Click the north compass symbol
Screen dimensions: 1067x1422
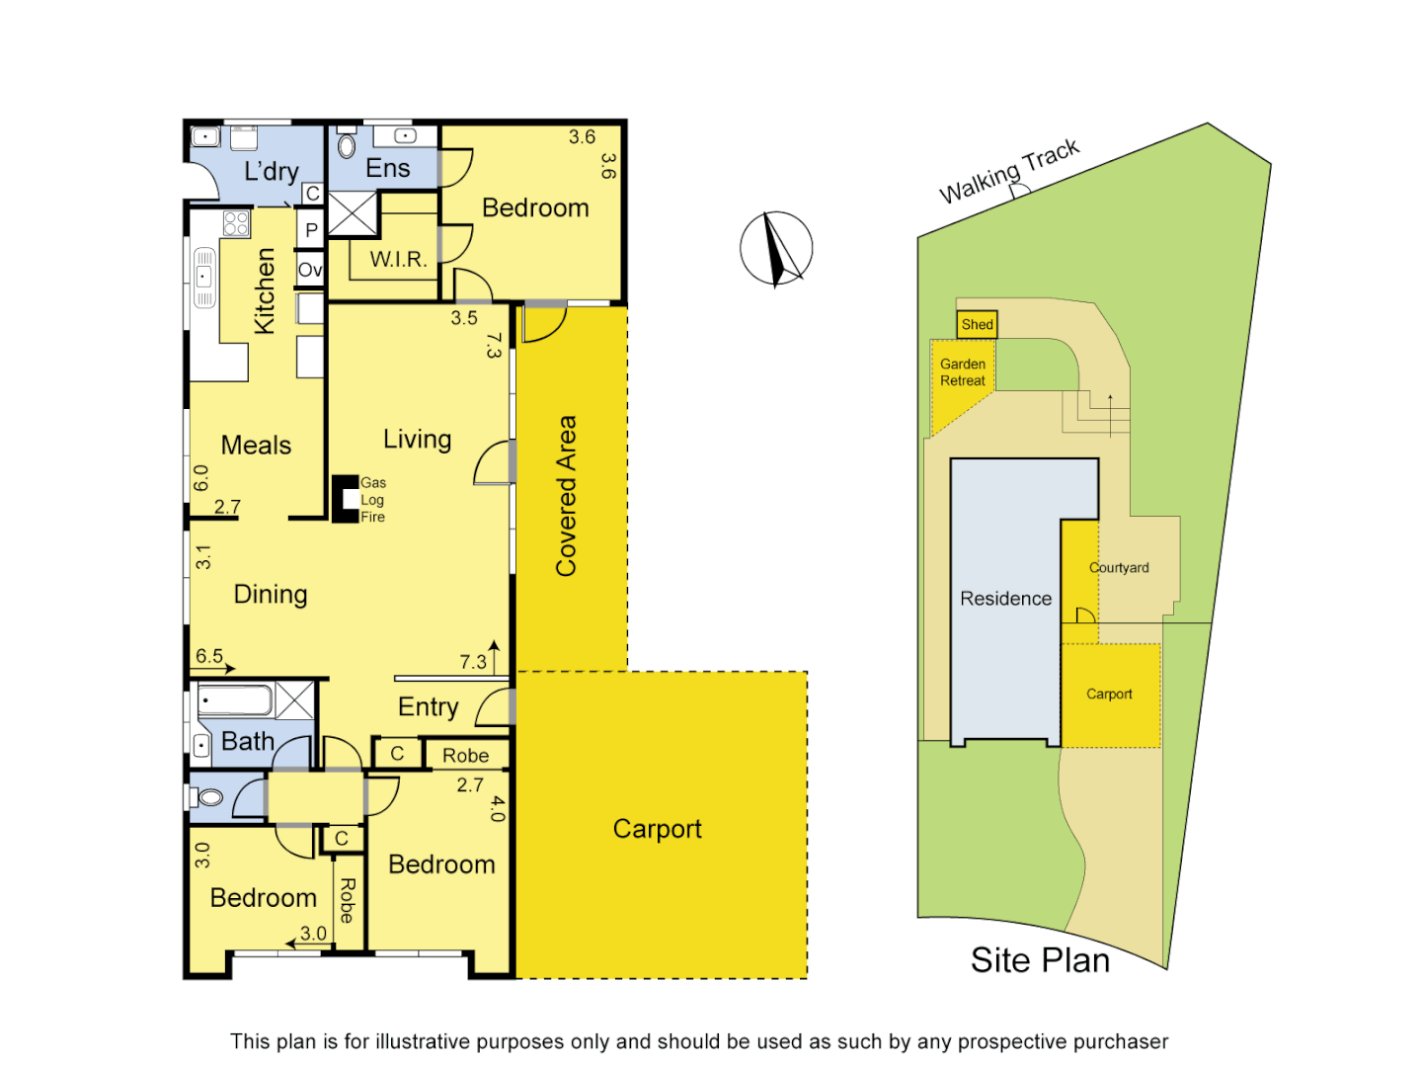pos(776,249)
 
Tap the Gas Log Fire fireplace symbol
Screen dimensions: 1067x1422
pos(344,499)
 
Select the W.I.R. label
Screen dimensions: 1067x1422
pos(398,260)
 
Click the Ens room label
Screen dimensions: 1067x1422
pos(387,169)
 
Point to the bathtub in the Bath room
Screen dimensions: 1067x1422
pos(235,701)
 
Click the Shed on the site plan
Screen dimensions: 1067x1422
pos(977,324)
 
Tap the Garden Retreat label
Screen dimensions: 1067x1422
pos(963,372)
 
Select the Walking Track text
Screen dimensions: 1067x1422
pos(1009,172)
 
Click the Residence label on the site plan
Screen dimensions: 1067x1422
pos(1005,599)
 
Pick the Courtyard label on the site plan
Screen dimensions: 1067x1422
pos(1119,568)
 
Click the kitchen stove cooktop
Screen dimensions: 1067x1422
pos(236,223)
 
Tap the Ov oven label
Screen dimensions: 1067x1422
pos(310,270)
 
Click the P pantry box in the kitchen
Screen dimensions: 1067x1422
pos(311,230)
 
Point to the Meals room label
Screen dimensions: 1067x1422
pos(256,446)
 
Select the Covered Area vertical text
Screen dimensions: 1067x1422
pos(566,495)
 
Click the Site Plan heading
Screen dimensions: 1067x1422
pos(1040,960)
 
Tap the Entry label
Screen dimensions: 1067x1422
pos(428,707)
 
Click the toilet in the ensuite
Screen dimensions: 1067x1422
pos(347,146)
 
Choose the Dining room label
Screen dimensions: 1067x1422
pos(271,594)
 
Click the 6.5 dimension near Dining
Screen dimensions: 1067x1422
pos(209,656)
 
